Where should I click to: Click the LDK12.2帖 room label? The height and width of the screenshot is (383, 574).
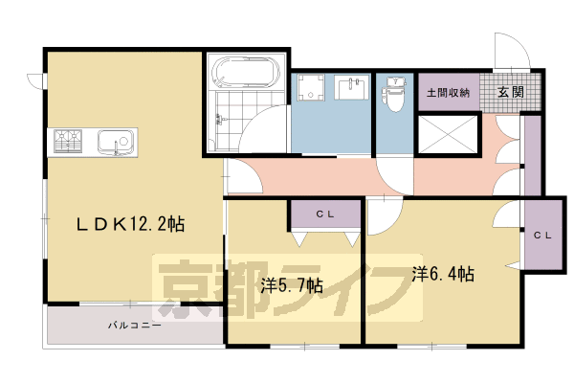tap(130, 224)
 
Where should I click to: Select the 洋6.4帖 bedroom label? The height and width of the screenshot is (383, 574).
tap(443, 274)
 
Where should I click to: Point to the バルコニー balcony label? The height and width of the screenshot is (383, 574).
tap(134, 326)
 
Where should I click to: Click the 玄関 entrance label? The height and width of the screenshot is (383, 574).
tap(511, 92)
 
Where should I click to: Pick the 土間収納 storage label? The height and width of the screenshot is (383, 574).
tap(448, 92)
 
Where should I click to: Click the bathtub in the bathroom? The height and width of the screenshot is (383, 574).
tap(247, 72)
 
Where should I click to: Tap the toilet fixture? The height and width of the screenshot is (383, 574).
tap(393, 94)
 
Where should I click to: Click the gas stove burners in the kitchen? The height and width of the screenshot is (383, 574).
tap(68, 141)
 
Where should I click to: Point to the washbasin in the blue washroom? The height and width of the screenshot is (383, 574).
tap(353, 87)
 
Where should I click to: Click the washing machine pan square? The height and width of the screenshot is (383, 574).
tap(310, 87)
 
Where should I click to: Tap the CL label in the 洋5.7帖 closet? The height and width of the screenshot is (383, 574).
tap(324, 214)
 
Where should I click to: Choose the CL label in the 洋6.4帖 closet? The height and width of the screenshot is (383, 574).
tap(542, 236)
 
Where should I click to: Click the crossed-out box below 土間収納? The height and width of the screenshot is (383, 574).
tap(448, 133)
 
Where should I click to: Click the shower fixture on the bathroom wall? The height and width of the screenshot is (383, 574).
tap(220, 118)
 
